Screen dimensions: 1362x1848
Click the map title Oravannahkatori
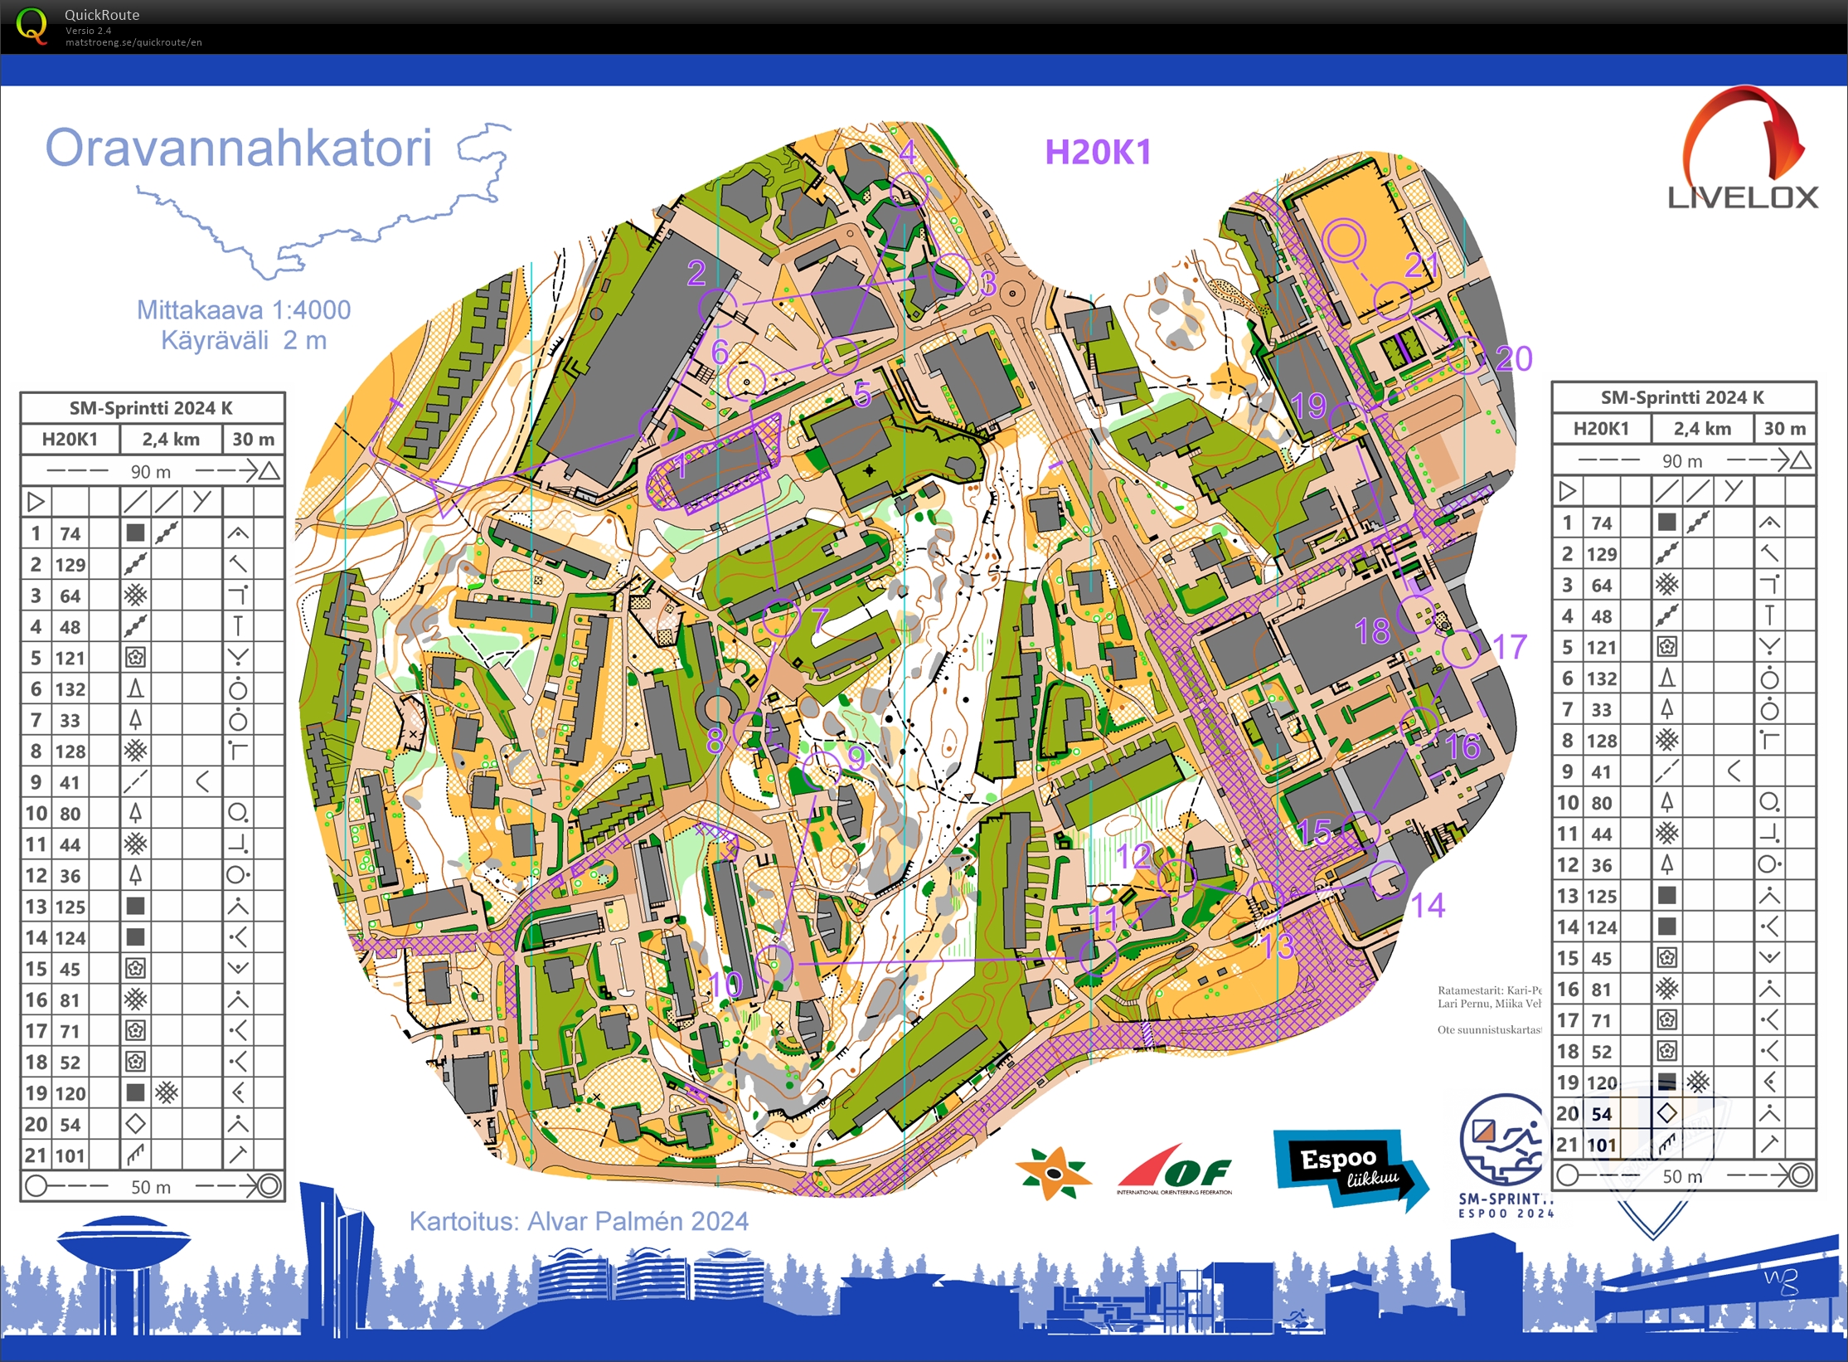[239, 148]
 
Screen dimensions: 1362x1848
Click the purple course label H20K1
[1097, 152]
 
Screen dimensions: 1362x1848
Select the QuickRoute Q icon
[32, 25]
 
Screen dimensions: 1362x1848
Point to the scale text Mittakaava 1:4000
[244, 310]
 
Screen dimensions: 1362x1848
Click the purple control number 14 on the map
[1428, 905]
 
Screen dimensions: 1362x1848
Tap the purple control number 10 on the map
[725, 985]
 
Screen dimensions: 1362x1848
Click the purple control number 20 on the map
[1514, 358]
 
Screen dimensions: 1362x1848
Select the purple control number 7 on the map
[820, 620]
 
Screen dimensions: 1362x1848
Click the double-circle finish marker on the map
[1343, 241]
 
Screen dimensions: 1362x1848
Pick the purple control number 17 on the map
[1509, 647]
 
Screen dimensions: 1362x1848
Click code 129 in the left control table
[70, 565]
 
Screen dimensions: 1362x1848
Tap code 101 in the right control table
[1602, 1146]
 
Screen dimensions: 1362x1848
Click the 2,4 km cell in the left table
[171, 439]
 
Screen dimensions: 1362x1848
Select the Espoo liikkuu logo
[1349, 1168]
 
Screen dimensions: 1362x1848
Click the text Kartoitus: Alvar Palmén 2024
[579, 1221]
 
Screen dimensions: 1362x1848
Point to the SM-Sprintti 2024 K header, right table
[1682, 397]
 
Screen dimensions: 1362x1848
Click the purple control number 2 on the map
[696, 272]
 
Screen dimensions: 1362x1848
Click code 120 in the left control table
[70, 1093]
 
